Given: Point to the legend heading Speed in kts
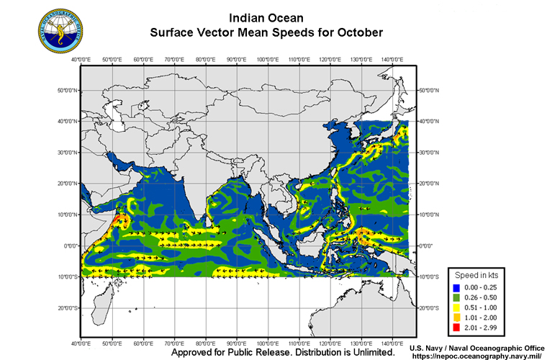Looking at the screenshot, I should [477, 276].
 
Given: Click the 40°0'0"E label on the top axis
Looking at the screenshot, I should [81, 59].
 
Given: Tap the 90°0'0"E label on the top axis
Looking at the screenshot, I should [237, 59].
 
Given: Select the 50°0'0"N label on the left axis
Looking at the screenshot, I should [67, 90].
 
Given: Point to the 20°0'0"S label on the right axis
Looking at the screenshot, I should [430, 308].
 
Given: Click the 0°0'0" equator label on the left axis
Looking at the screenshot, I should [69, 246].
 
